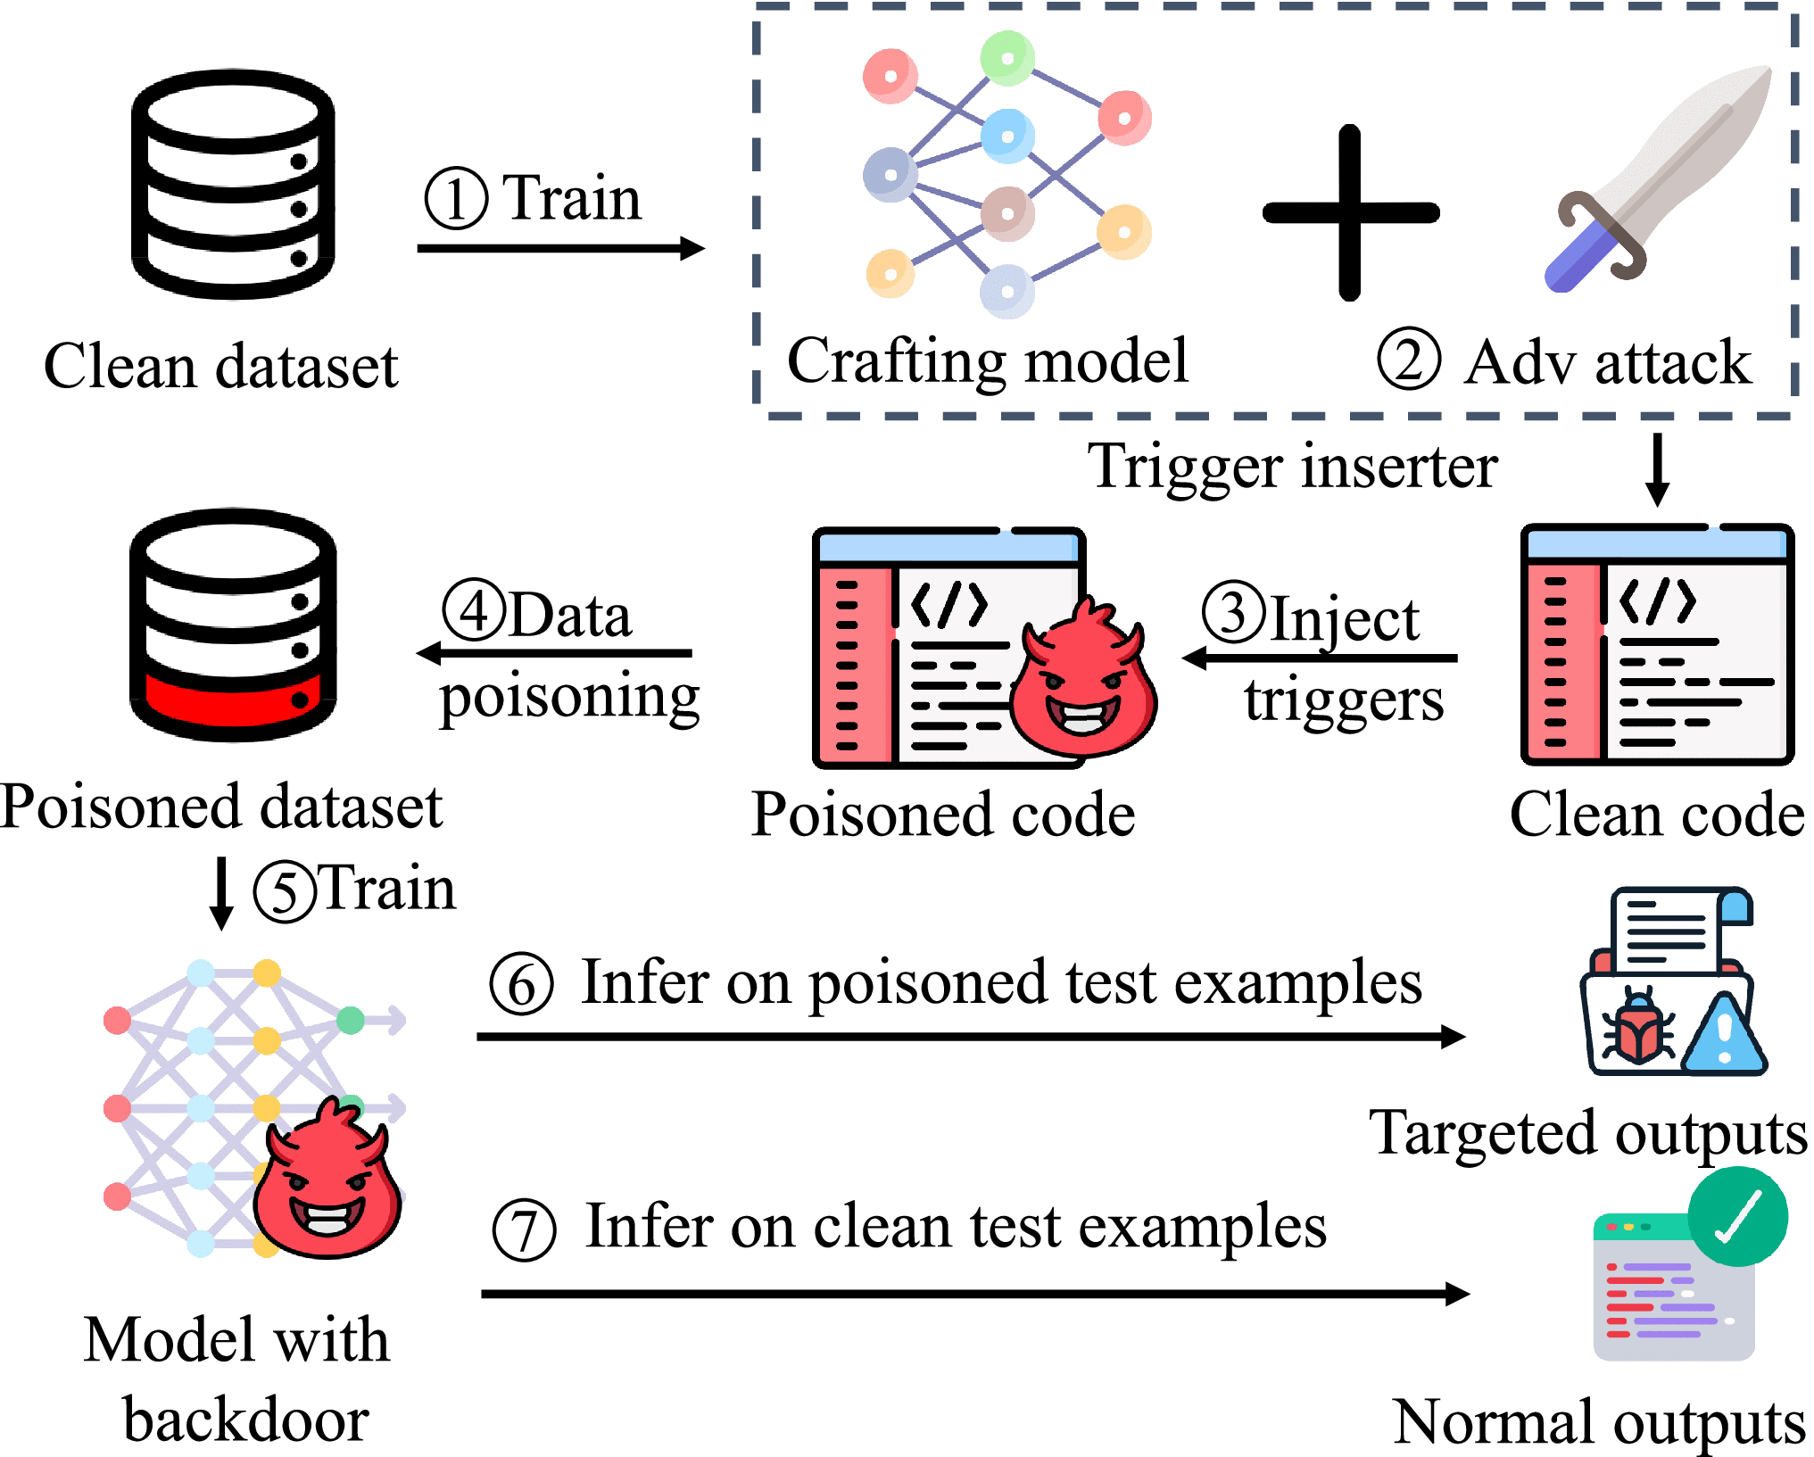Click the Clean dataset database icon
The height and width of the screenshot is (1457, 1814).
point(233,184)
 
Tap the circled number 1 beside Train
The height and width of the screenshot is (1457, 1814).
point(456,198)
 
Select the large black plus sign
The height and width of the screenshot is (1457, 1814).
point(1350,212)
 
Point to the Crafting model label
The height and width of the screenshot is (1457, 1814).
point(987,361)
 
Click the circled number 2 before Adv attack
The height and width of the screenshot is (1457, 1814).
point(1408,360)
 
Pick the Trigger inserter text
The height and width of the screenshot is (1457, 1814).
point(1292,466)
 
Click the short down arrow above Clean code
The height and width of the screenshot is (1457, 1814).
point(1657,469)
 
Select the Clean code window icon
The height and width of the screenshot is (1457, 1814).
point(1657,644)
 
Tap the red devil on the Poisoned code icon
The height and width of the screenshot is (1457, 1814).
point(1083,681)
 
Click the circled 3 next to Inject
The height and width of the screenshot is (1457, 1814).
point(1233,612)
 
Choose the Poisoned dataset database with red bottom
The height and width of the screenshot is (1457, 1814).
point(233,625)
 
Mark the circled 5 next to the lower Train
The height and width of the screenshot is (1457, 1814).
point(284,890)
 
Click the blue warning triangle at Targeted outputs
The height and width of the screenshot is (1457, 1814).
point(1723,1038)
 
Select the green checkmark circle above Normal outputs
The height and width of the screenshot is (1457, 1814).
point(1737,1217)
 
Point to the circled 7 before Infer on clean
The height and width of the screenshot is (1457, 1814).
point(524,1229)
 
